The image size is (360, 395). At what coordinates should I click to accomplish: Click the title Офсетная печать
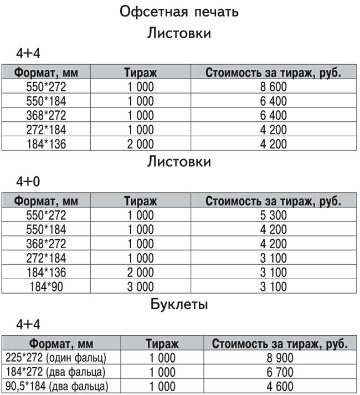pos(179,12)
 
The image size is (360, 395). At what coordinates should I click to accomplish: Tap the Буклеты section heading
pos(179,304)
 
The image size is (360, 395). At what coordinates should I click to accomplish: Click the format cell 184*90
pos(46,286)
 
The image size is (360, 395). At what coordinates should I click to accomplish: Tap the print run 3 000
pos(138,286)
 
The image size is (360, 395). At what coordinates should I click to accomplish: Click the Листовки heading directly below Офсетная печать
pos(179,34)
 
